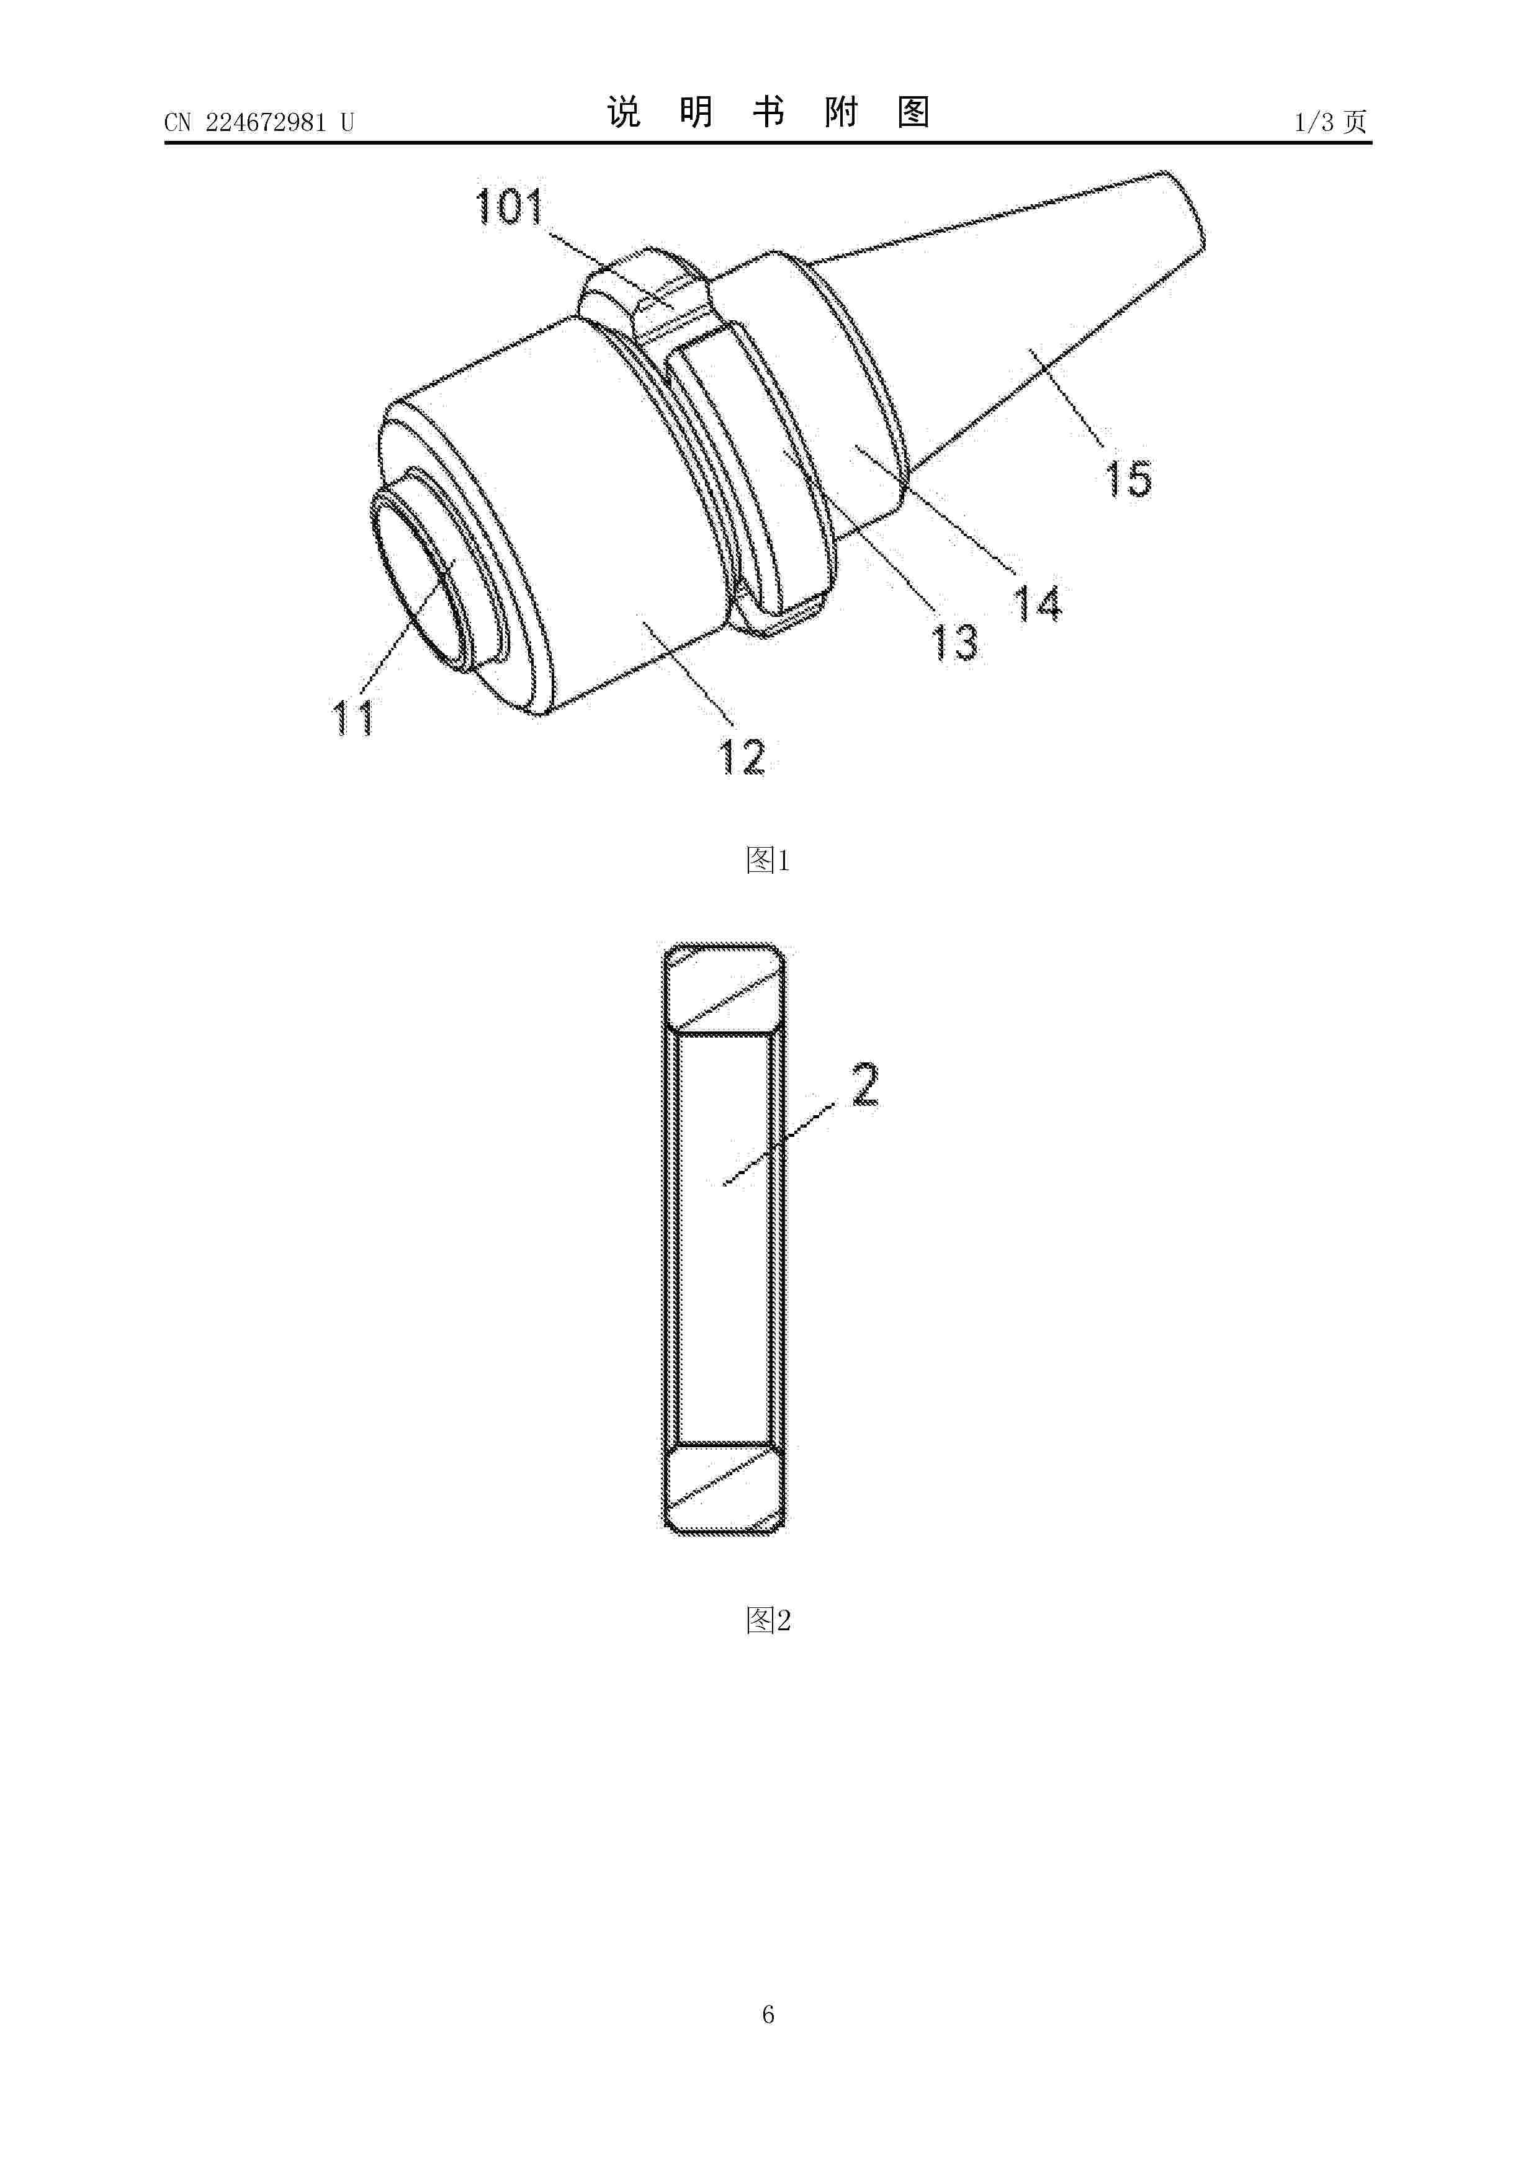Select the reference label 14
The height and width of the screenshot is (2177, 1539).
pos(1038,603)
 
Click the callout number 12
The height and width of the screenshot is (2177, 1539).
pos(742,756)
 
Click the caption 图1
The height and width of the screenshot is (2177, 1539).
pos(768,860)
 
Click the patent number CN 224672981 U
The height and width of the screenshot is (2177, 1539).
pos(259,122)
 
